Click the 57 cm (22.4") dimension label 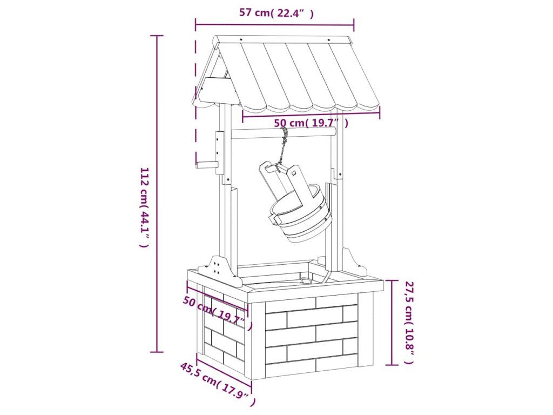[276, 13]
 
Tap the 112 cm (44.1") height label [145, 207]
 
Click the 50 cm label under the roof [311, 123]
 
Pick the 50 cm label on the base [217, 313]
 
